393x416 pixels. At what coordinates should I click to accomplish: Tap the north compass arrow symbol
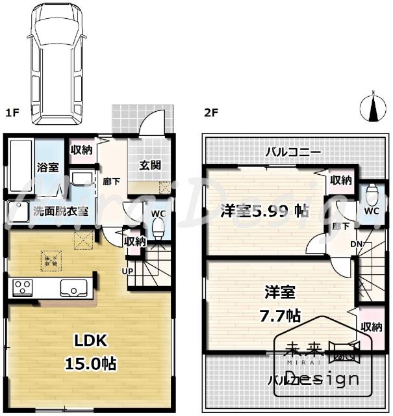(x=373, y=108)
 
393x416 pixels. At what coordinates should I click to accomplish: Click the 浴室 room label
(x=47, y=167)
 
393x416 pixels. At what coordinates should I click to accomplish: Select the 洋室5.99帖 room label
(x=264, y=211)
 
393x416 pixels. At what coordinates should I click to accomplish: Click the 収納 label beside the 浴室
(x=82, y=151)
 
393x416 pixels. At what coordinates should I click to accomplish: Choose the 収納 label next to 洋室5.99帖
(x=340, y=180)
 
